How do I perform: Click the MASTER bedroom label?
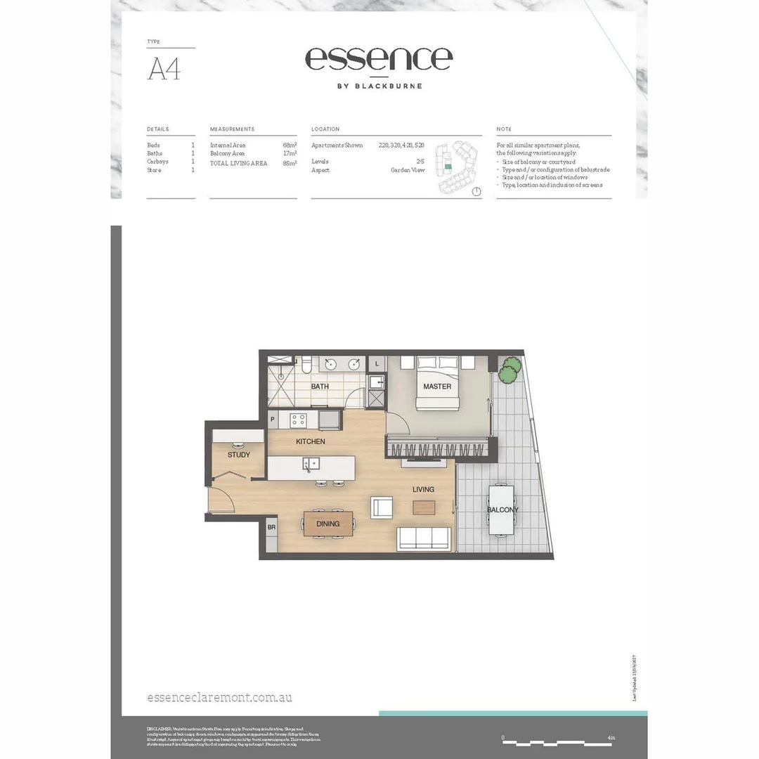click(x=437, y=387)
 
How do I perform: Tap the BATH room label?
click(x=320, y=387)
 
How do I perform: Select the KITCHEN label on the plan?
click(x=310, y=441)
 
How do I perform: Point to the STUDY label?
click(x=238, y=455)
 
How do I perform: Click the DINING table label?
click(x=327, y=524)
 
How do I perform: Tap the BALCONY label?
click(x=503, y=510)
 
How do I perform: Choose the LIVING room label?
click(x=423, y=489)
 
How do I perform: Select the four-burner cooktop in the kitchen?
click(x=299, y=420)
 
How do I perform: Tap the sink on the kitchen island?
click(x=310, y=463)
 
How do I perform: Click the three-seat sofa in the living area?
click(x=424, y=539)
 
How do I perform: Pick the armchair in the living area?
click(x=382, y=507)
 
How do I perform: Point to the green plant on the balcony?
click(x=510, y=370)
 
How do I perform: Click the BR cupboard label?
click(x=271, y=526)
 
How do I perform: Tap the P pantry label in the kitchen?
click(x=273, y=420)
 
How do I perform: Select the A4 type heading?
click(x=163, y=70)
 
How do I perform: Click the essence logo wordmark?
click(x=379, y=59)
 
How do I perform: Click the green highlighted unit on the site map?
click(x=446, y=167)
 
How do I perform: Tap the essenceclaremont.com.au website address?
click(x=220, y=697)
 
